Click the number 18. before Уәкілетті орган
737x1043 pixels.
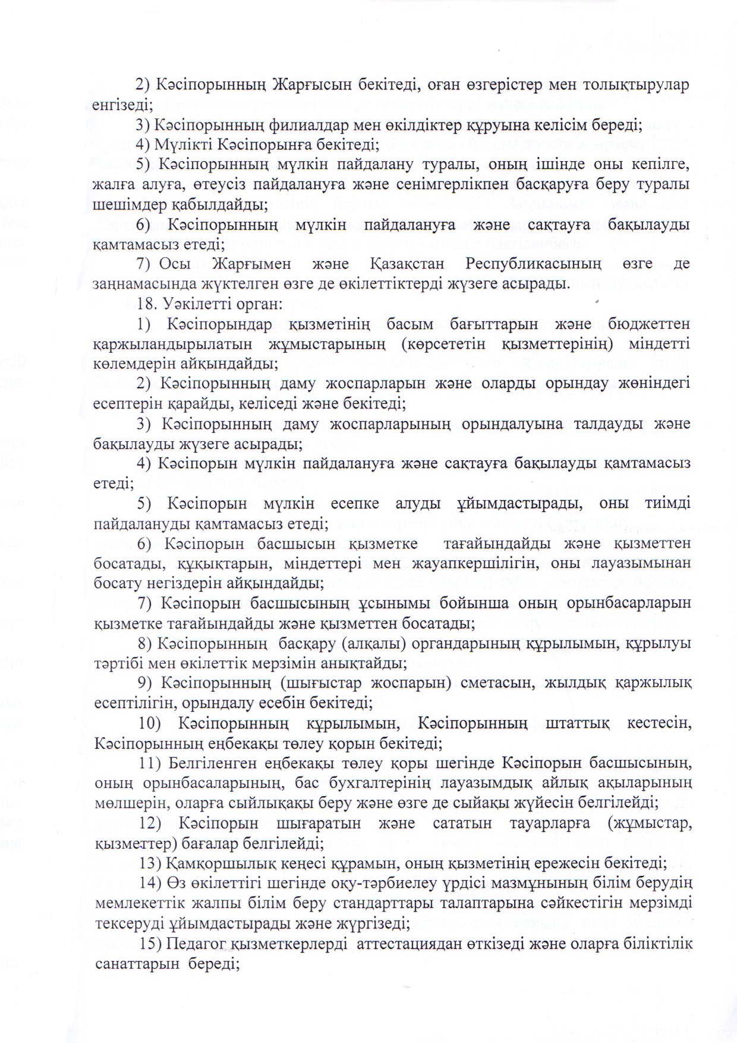146,303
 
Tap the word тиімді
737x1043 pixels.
666,503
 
